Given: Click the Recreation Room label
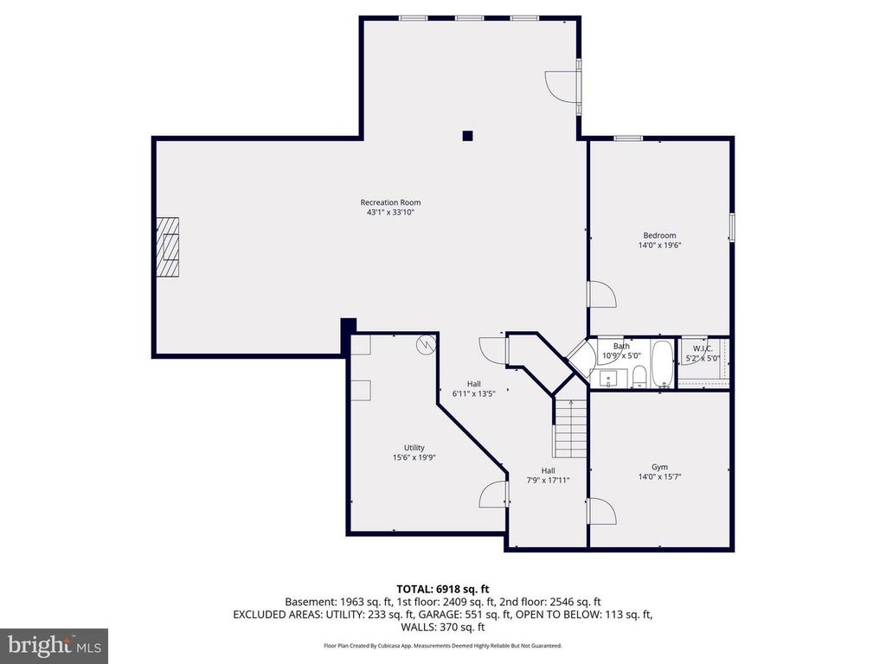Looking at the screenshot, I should [390, 202].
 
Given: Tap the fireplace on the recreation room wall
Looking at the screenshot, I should [168, 246].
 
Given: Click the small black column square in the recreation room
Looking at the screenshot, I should [467, 135].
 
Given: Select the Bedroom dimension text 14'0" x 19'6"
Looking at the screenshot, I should [659, 245].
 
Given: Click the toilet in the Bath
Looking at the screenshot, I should [639, 375].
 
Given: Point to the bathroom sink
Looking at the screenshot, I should [607, 378].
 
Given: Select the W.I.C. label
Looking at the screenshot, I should [703, 348].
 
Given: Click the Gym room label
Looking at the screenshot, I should [659, 467].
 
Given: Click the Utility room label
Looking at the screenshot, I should [414, 447].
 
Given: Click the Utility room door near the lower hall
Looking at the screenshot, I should [493, 495].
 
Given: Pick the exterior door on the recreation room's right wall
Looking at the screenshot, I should [563, 87].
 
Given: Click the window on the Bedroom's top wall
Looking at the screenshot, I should [627, 137].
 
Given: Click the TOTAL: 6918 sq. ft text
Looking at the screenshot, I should [442, 588].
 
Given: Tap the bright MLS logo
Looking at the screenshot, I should [54, 645].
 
